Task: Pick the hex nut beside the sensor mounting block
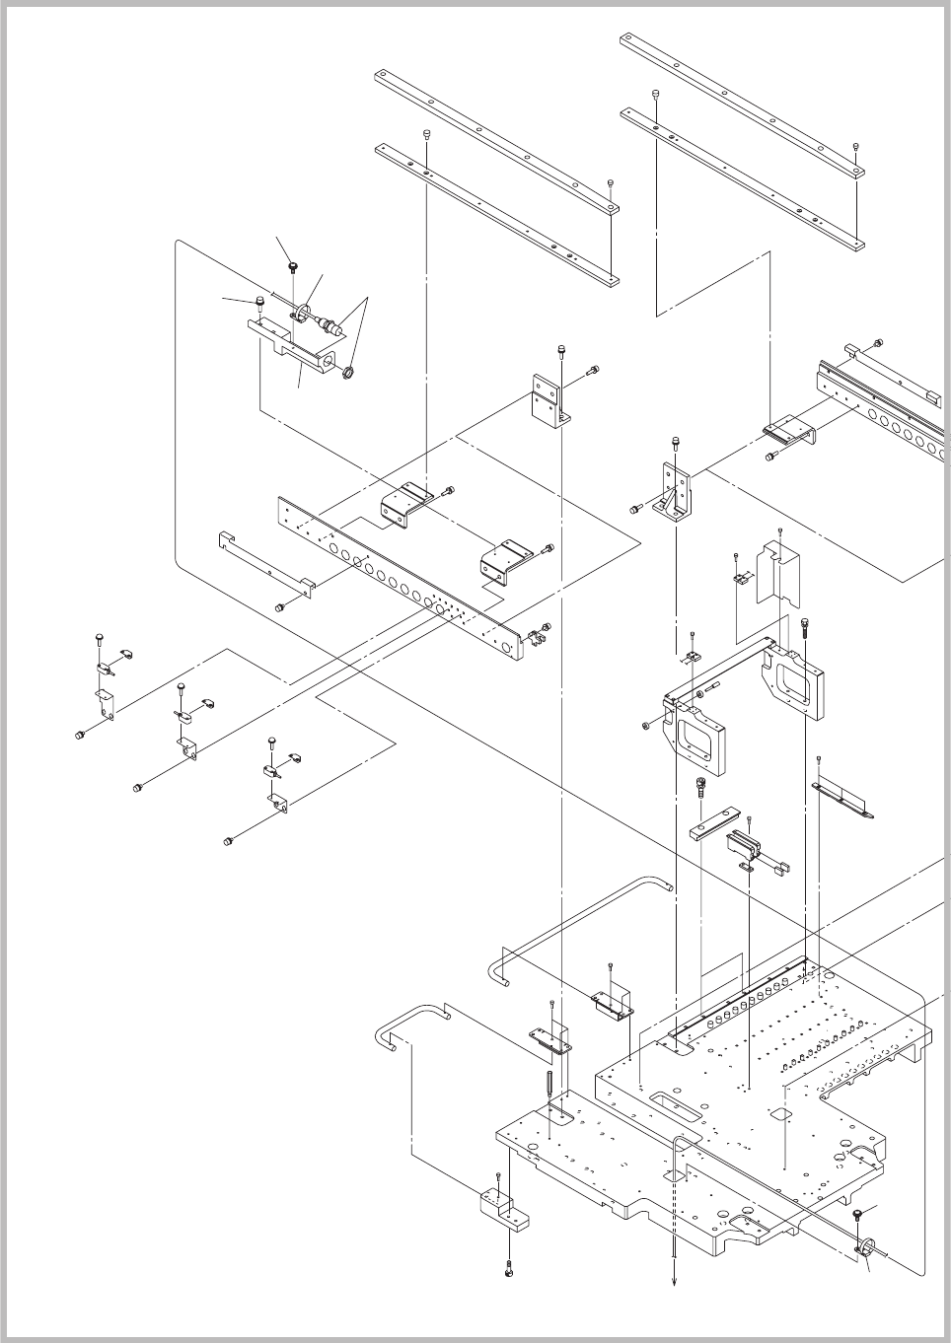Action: click(346, 373)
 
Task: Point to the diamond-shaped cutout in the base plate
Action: click(779, 1114)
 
